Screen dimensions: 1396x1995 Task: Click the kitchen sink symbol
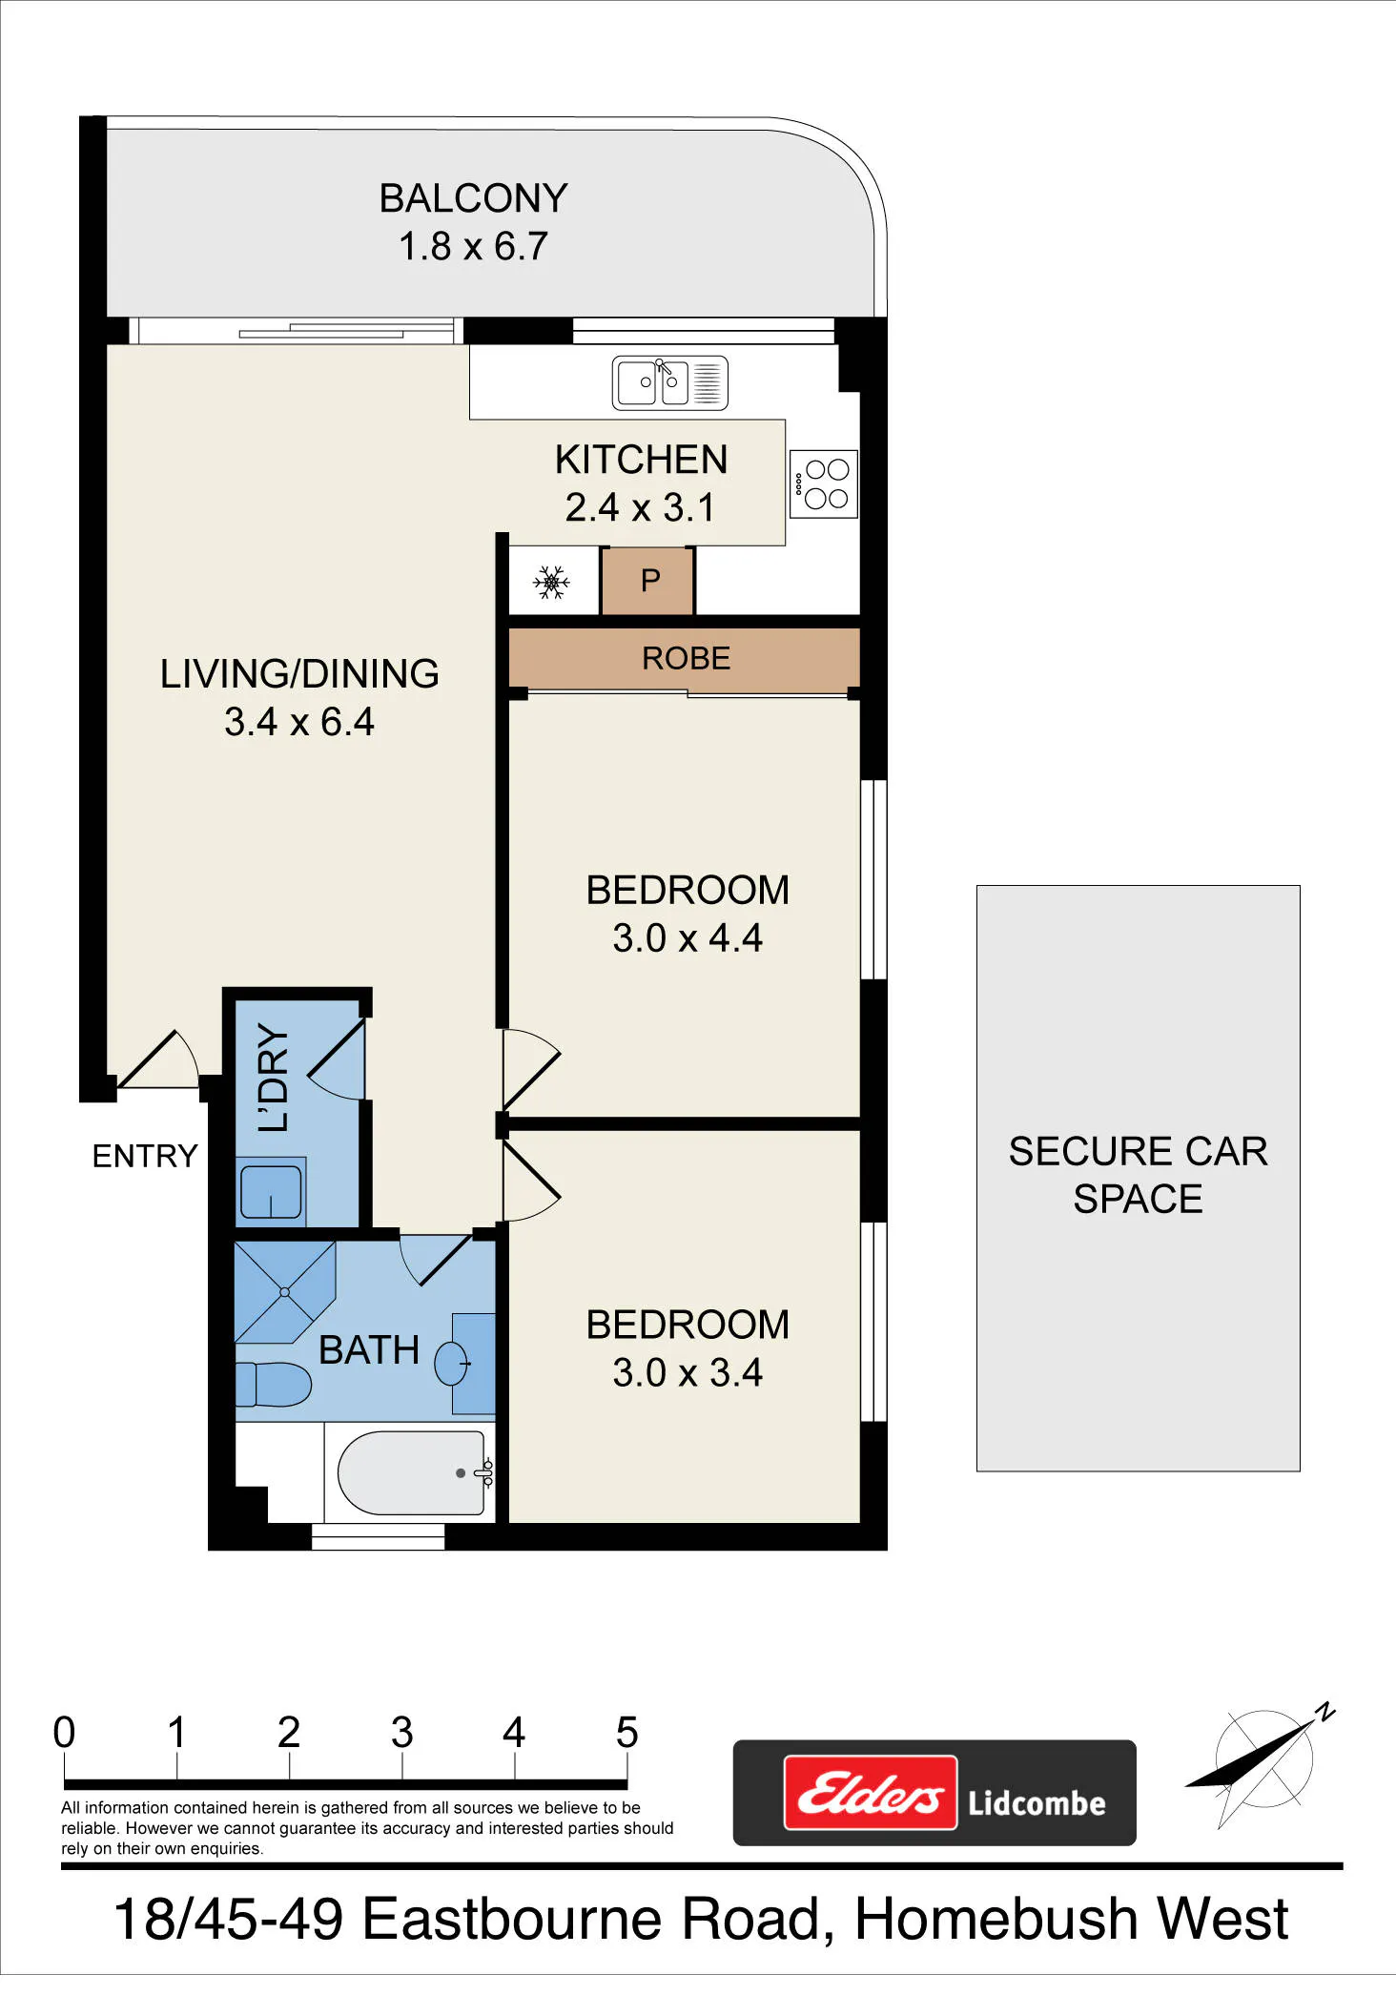tap(669, 382)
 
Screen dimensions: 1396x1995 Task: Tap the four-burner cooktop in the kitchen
tap(824, 483)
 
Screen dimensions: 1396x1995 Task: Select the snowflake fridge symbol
tap(551, 582)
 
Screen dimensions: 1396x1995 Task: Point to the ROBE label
tap(686, 658)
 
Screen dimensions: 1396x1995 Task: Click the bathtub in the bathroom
tap(411, 1472)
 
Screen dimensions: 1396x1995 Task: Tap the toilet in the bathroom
tap(273, 1384)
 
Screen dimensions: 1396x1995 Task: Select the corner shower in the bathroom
tap(284, 1291)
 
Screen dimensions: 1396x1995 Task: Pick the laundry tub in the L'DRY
tap(271, 1192)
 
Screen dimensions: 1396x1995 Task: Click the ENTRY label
tap(144, 1156)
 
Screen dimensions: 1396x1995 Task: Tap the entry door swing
tap(158, 1059)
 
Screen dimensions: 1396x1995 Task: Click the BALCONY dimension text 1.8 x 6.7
tap(473, 246)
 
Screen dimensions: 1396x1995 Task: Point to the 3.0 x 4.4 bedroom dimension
tap(688, 938)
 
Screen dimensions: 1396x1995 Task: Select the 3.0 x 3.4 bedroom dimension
tap(688, 1372)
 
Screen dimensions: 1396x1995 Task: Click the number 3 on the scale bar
tap(401, 1732)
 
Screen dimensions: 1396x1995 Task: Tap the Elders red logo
tap(871, 1793)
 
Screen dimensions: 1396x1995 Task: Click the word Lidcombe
tap(1037, 1802)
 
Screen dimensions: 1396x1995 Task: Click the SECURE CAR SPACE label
tap(1138, 1175)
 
